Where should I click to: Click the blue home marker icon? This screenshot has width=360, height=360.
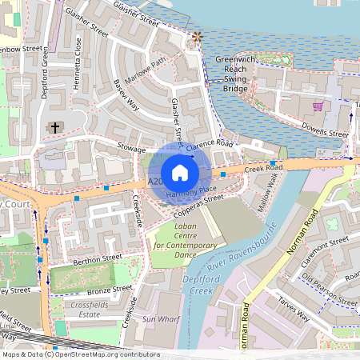point(180,172)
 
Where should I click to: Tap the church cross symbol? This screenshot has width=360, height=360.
point(55,127)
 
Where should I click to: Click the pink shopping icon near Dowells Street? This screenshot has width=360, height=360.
point(318,106)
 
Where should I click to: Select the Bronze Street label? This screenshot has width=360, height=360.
point(109,288)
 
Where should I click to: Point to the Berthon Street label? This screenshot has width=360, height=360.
point(97,258)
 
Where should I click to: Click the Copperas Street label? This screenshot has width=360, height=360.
point(197,208)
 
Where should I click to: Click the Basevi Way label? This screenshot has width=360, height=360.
point(126,95)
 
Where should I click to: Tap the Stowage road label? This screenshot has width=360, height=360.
point(130,149)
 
